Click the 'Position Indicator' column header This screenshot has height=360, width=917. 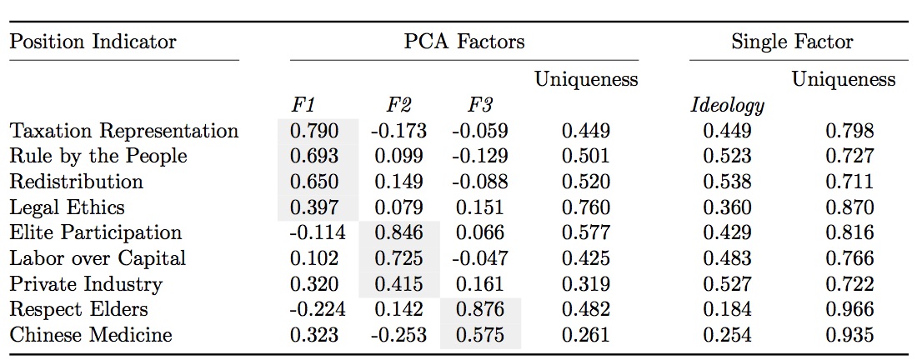[93, 42]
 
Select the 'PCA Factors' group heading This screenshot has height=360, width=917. [464, 42]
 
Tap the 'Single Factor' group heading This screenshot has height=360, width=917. [792, 42]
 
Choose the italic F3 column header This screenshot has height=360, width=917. [480, 106]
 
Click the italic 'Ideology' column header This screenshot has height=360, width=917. [728, 106]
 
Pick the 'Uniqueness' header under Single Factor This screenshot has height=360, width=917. [843, 80]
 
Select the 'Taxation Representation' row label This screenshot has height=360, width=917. [124, 131]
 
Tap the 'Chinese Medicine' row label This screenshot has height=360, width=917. [91, 335]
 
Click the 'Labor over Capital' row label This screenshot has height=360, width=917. [98, 258]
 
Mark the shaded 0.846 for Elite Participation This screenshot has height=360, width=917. [398, 232]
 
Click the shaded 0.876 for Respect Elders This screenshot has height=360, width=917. [480, 309]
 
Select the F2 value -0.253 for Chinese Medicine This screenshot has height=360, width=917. [398, 335]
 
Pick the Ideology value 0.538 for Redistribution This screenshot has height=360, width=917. [727, 182]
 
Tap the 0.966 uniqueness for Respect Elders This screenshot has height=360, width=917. [849, 309]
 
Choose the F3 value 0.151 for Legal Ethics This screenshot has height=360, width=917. [480, 207]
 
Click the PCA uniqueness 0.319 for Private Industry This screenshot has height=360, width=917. [585, 284]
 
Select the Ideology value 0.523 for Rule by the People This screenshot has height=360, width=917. [727, 157]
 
